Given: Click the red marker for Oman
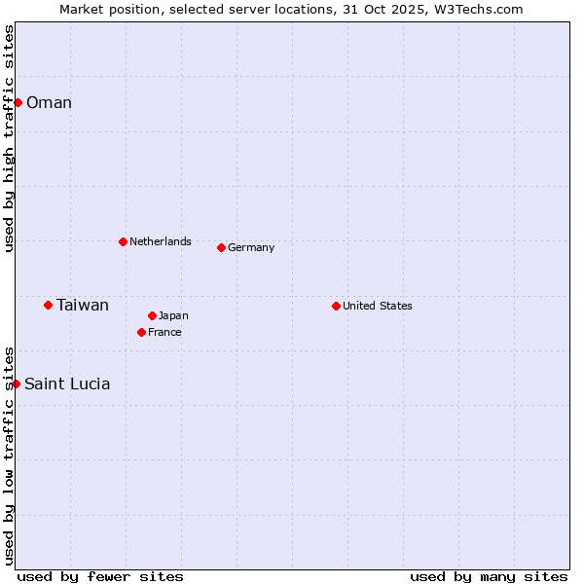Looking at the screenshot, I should click(18, 102).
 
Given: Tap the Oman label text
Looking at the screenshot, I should click(49, 103).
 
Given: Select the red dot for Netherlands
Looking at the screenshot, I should click(123, 241).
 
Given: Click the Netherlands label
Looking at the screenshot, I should click(161, 241).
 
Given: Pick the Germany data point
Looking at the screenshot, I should click(221, 247).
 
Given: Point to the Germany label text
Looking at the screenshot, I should click(251, 247).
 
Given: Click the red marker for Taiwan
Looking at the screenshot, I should click(48, 305).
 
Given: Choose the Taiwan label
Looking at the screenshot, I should click(83, 306).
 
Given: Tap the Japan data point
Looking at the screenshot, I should click(152, 315).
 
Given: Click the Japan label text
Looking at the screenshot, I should click(173, 315).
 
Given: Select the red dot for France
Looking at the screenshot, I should click(141, 332).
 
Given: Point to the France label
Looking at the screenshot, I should click(164, 332).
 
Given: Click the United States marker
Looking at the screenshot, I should click(336, 306).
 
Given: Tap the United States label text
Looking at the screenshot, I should click(378, 306).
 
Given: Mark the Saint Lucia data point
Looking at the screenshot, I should click(16, 383).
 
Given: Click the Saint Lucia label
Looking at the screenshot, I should click(67, 384).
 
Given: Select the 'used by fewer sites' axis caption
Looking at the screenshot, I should click(100, 576).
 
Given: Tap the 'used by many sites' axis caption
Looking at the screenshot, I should click(489, 576).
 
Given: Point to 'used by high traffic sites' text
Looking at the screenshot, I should click(10, 138).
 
